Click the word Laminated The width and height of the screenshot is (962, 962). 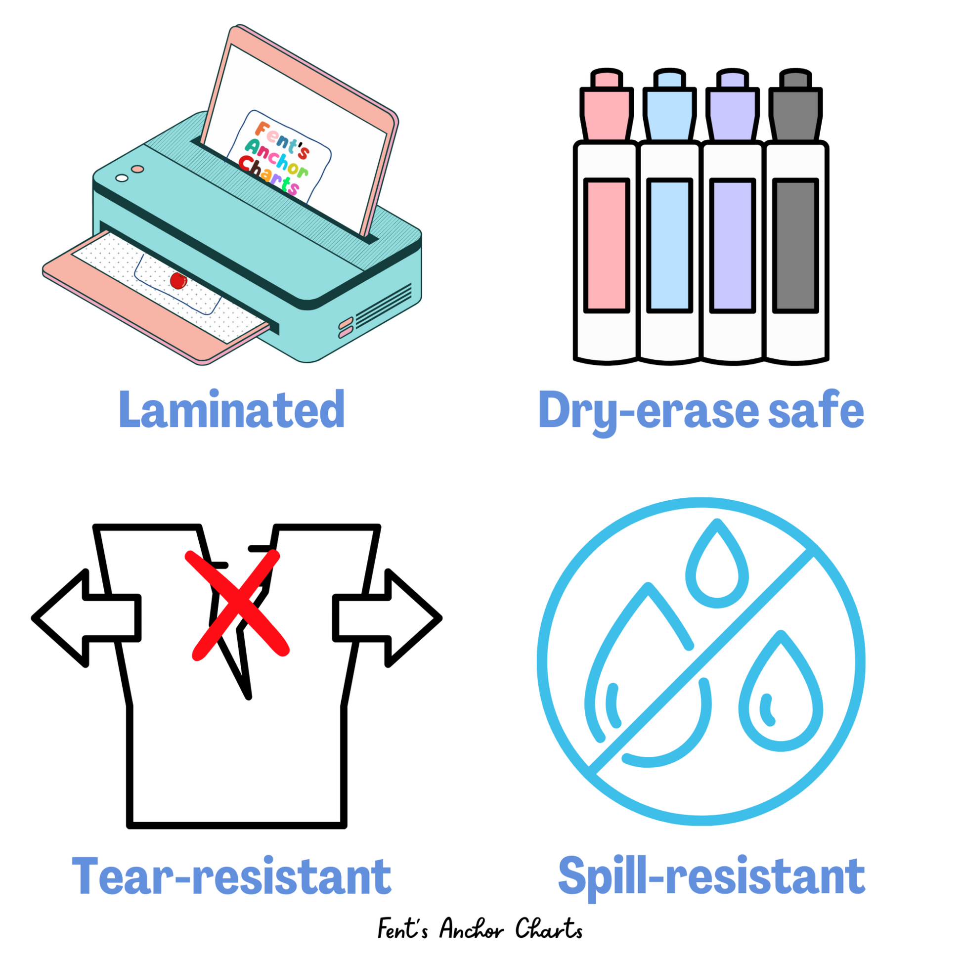(231, 410)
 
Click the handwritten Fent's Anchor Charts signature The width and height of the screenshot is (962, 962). (480, 929)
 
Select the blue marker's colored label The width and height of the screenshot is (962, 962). (670, 246)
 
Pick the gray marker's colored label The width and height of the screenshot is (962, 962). (796, 246)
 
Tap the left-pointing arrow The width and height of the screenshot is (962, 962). (85, 618)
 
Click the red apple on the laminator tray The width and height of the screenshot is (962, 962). (178, 281)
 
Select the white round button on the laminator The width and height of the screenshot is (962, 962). (122, 178)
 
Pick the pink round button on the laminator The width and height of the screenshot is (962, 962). (138, 169)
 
